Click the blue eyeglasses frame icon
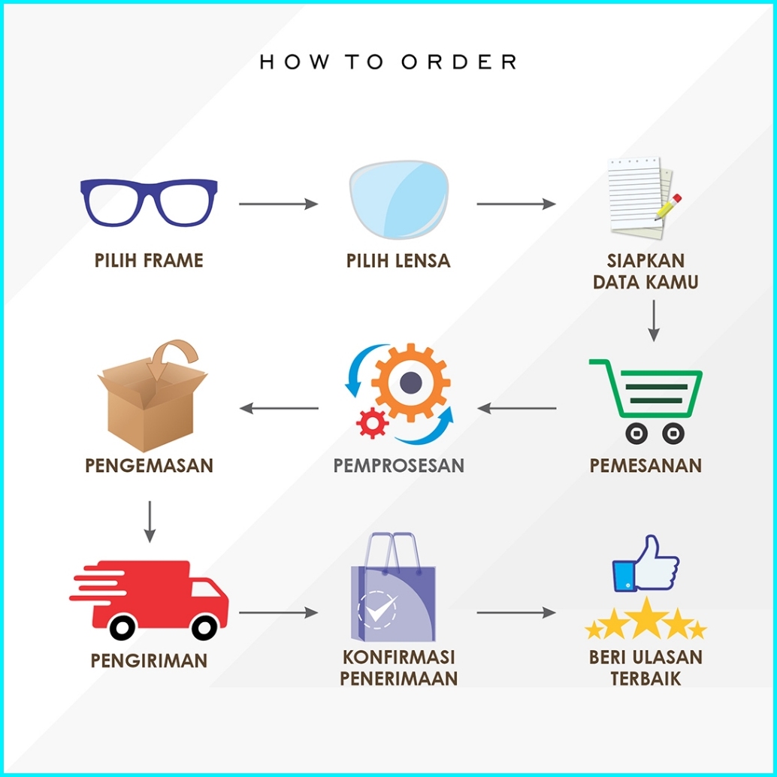click(x=149, y=202)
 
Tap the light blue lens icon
click(x=398, y=202)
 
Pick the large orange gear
click(x=410, y=383)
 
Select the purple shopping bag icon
click(x=391, y=591)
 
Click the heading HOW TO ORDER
click(x=388, y=62)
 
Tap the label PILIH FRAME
click(x=149, y=261)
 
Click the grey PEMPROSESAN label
click(x=399, y=465)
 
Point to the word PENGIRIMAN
click(x=149, y=661)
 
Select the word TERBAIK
click(x=645, y=678)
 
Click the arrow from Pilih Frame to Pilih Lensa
click(x=278, y=204)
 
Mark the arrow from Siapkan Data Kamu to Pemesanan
click(x=654, y=320)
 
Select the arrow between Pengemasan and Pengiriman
click(x=150, y=521)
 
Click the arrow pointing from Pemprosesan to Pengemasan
click(x=279, y=408)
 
